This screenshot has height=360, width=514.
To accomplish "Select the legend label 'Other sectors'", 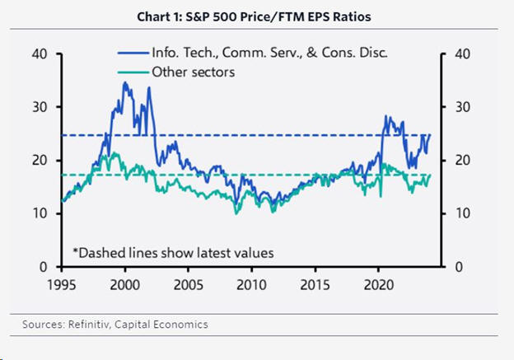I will (194, 72).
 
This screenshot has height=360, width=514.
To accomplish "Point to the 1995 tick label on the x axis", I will (61, 284).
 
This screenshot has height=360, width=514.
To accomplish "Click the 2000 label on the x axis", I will (124, 284).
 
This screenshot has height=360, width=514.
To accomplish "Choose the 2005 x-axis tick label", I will (188, 284).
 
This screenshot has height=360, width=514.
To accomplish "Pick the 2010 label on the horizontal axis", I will (251, 284).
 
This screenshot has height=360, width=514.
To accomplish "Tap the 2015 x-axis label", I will (315, 284).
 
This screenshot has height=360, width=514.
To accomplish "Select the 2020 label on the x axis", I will (378, 284).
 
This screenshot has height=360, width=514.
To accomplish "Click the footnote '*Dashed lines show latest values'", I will (173, 252).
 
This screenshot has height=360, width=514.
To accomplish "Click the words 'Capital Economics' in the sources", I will (172, 325).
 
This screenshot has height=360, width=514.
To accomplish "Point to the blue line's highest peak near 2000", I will (124, 82).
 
